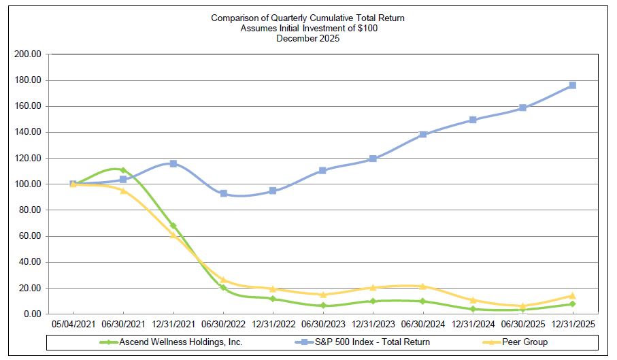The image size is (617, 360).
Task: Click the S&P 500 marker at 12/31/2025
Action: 572,85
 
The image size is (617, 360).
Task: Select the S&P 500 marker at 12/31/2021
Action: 173,163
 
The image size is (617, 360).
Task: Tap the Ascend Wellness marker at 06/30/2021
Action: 123,170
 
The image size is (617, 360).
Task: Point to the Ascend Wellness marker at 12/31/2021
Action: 173,225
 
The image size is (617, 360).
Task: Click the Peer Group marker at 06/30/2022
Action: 223,280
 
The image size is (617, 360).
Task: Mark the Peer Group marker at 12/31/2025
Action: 572,295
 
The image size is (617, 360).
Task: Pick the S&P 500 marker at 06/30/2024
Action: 422,134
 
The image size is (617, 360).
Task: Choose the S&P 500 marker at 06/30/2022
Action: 223,193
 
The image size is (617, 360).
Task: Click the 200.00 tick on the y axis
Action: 28,54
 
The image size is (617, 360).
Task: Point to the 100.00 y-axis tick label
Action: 28,184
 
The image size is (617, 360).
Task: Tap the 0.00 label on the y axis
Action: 32,314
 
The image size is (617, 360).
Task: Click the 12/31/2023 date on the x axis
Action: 372,326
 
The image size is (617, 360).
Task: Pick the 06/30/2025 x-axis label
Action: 522,326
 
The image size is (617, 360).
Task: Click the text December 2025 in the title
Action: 307,38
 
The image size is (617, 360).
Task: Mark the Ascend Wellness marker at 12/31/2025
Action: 572,304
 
